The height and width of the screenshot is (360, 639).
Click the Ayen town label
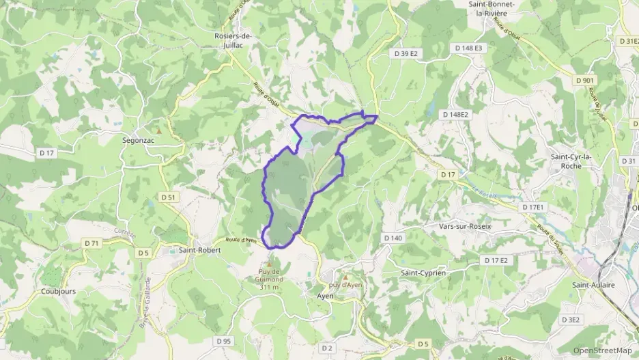coord(325,296)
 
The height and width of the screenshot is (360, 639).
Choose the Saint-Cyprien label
coord(423,273)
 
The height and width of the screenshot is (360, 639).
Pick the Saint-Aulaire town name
coord(593,285)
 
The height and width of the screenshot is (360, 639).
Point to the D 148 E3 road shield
coord(468,48)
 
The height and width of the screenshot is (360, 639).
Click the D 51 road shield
coord(169,197)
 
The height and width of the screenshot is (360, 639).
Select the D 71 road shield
coord(91,243)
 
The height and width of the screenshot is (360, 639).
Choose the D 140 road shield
coord(393,238)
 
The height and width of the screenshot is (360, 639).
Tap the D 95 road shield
coord(223,340)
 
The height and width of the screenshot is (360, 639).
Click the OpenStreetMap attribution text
coord(602,350)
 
